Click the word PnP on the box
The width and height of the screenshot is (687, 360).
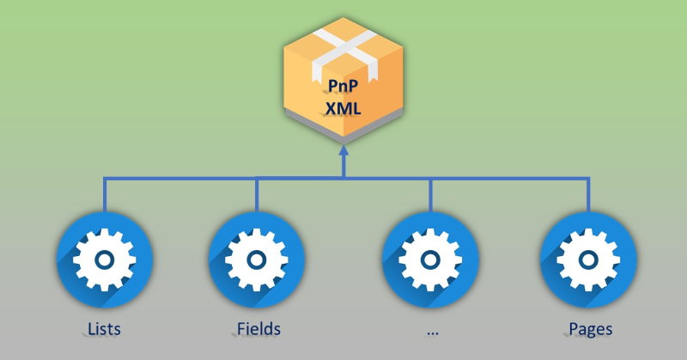tap(344, 87)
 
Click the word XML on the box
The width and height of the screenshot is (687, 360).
tap(344, 110)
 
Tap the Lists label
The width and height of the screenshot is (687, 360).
tap(104, 329)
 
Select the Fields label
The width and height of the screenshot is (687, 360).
tap(258, 329)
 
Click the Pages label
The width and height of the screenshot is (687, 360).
tap(590, 329)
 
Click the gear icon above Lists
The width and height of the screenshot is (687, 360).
tap(104, 259)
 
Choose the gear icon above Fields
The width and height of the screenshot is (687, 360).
tap(257, 259)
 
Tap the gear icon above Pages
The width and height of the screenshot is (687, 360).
tap(588, 259)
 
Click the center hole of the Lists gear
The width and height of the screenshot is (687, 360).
tap(104, 259)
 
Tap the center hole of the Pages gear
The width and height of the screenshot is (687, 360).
tap(588, 259)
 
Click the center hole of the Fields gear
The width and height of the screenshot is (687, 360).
tap(257, 259)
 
